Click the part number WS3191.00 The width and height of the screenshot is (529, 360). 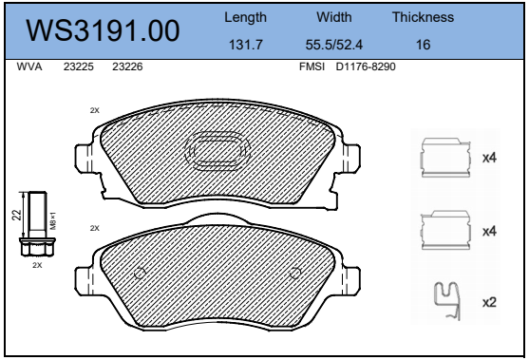pos(103,30)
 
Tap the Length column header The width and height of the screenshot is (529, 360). pos(245,17)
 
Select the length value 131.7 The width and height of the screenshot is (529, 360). pos(246,45)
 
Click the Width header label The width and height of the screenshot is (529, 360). pos(334,17)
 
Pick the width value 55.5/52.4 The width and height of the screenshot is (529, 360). pos(334,45)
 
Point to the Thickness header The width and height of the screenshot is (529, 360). pos(423,17)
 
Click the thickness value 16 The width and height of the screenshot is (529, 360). pos(423,45)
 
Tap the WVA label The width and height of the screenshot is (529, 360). pos(29,66)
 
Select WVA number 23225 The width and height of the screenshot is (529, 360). pos(79,66)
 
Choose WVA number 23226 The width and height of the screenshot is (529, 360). pos(127,66)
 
